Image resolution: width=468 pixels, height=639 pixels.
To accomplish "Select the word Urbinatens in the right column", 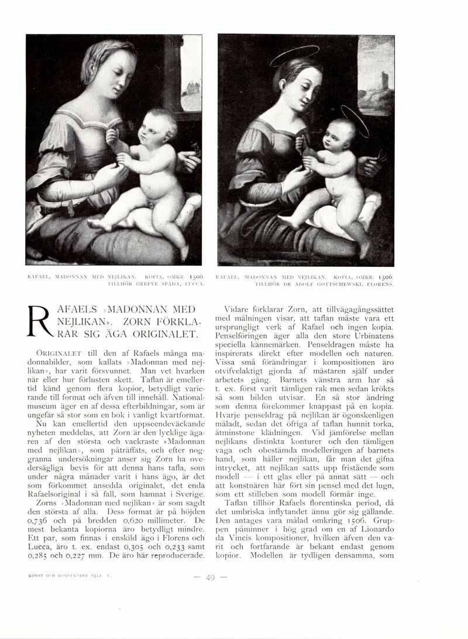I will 373,336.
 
